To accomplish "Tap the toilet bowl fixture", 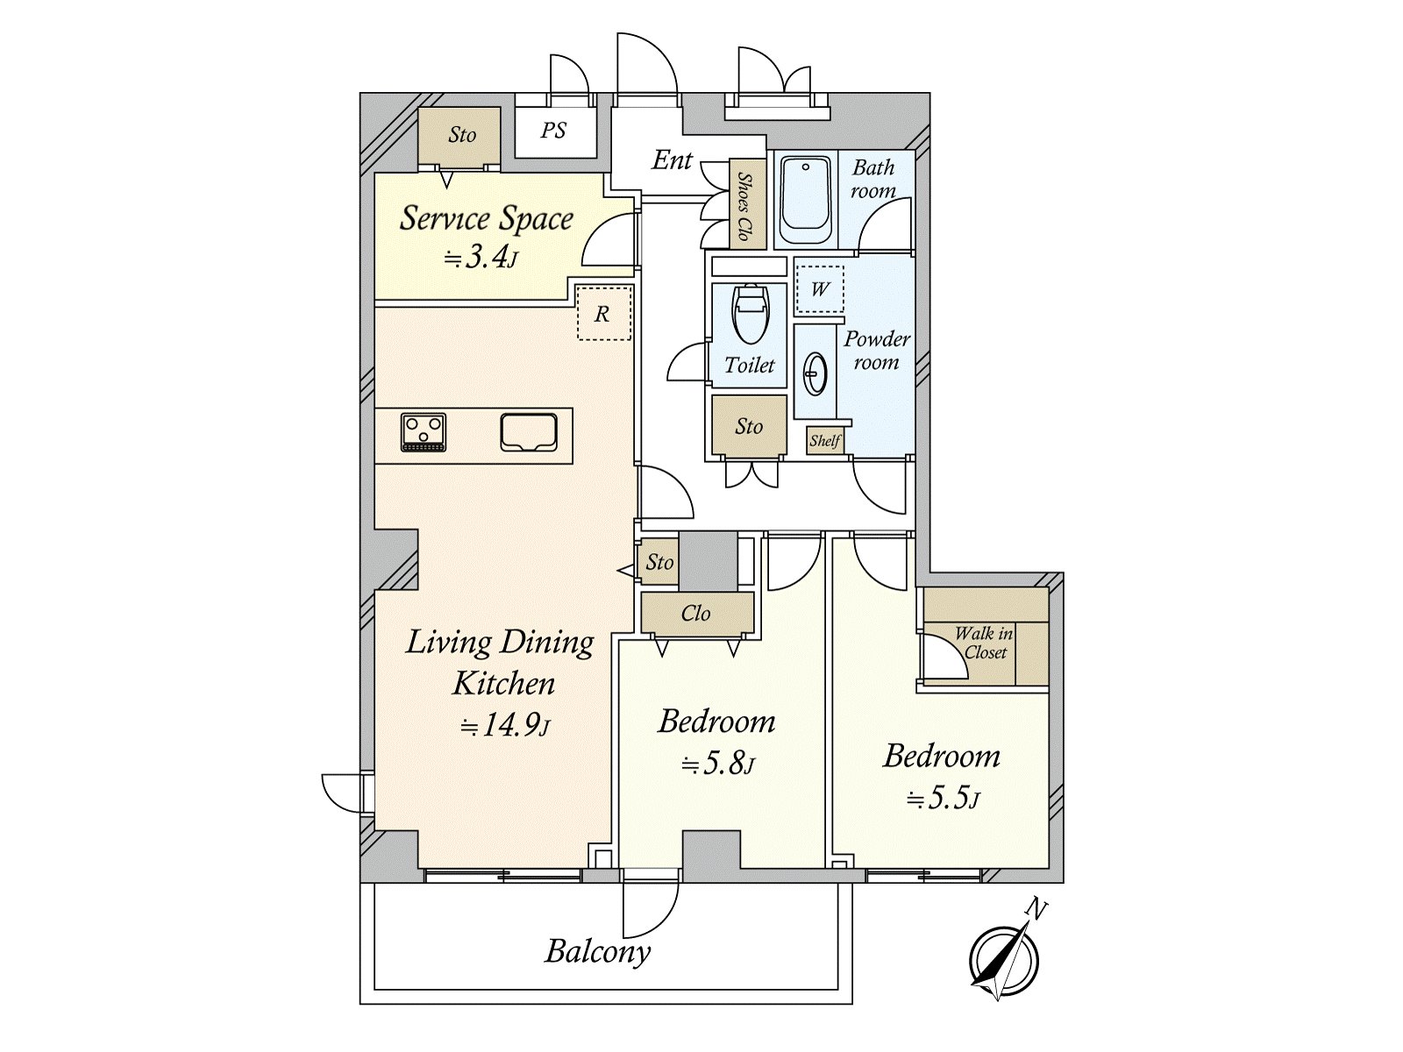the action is pos(749,315).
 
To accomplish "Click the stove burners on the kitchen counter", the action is pos(424,432).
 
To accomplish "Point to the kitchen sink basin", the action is pos(529,432).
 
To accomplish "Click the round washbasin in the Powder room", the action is pos(815,373).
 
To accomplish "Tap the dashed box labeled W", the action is pos(819,289).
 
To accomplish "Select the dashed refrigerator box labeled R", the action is pos(603,313).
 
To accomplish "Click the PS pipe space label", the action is pos(553,131).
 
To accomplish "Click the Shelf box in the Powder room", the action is pos(824,440).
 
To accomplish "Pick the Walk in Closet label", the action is pos(985,643).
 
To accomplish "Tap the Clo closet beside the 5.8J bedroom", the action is pos(697,613).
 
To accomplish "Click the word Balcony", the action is pos(598,951).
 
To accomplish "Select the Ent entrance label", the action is pos(672,160).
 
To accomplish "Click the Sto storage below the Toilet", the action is pos(749,425).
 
